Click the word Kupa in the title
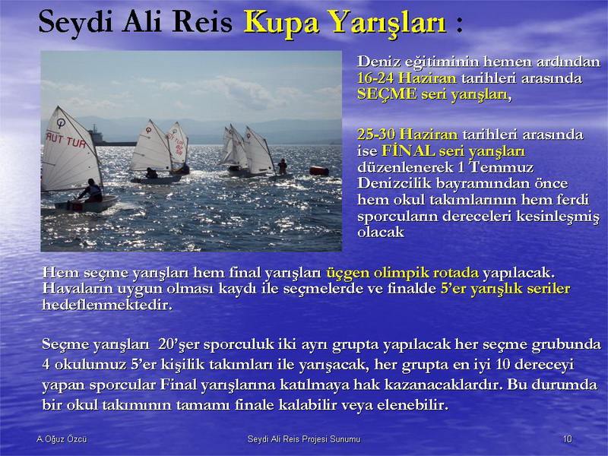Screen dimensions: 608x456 [280, 23]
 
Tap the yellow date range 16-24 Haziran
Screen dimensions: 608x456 [407, 78]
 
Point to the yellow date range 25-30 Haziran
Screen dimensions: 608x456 [407, 135]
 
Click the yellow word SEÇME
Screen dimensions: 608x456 [387, 93]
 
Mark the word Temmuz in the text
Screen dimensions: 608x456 [501, 167]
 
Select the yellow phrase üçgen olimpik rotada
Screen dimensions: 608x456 [403, 273]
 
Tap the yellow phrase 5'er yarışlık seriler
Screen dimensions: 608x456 [505, 289]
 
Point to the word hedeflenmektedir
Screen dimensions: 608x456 [107, 305]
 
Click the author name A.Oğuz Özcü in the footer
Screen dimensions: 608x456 [62, 439]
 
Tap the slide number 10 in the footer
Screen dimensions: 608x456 [567, 439]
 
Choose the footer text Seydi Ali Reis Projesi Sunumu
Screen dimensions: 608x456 [304, 439]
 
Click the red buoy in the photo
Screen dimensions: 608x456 [319, 170]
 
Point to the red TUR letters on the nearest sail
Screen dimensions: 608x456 [76, 142]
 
